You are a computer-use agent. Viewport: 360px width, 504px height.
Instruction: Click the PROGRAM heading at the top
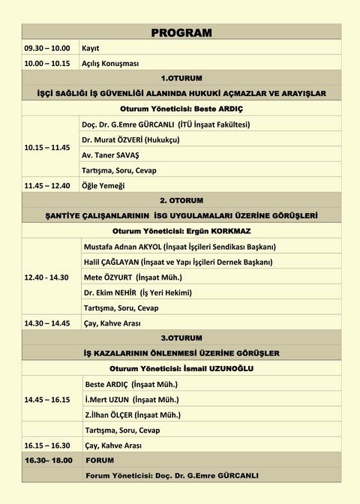click(x=181, y=33)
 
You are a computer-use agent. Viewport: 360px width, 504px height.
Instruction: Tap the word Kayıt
click(x=91, y=48)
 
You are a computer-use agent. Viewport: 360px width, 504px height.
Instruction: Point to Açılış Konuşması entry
click(x=110, y=64)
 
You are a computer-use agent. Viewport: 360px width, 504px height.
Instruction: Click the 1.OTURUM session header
click(x=181, y=79)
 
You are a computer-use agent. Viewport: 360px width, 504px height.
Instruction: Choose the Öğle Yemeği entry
click(x=103, y=185)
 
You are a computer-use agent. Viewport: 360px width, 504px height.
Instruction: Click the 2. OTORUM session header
click(x=181, y=200)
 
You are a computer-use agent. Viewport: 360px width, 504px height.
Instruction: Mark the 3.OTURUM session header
click(x=181, y=338)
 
